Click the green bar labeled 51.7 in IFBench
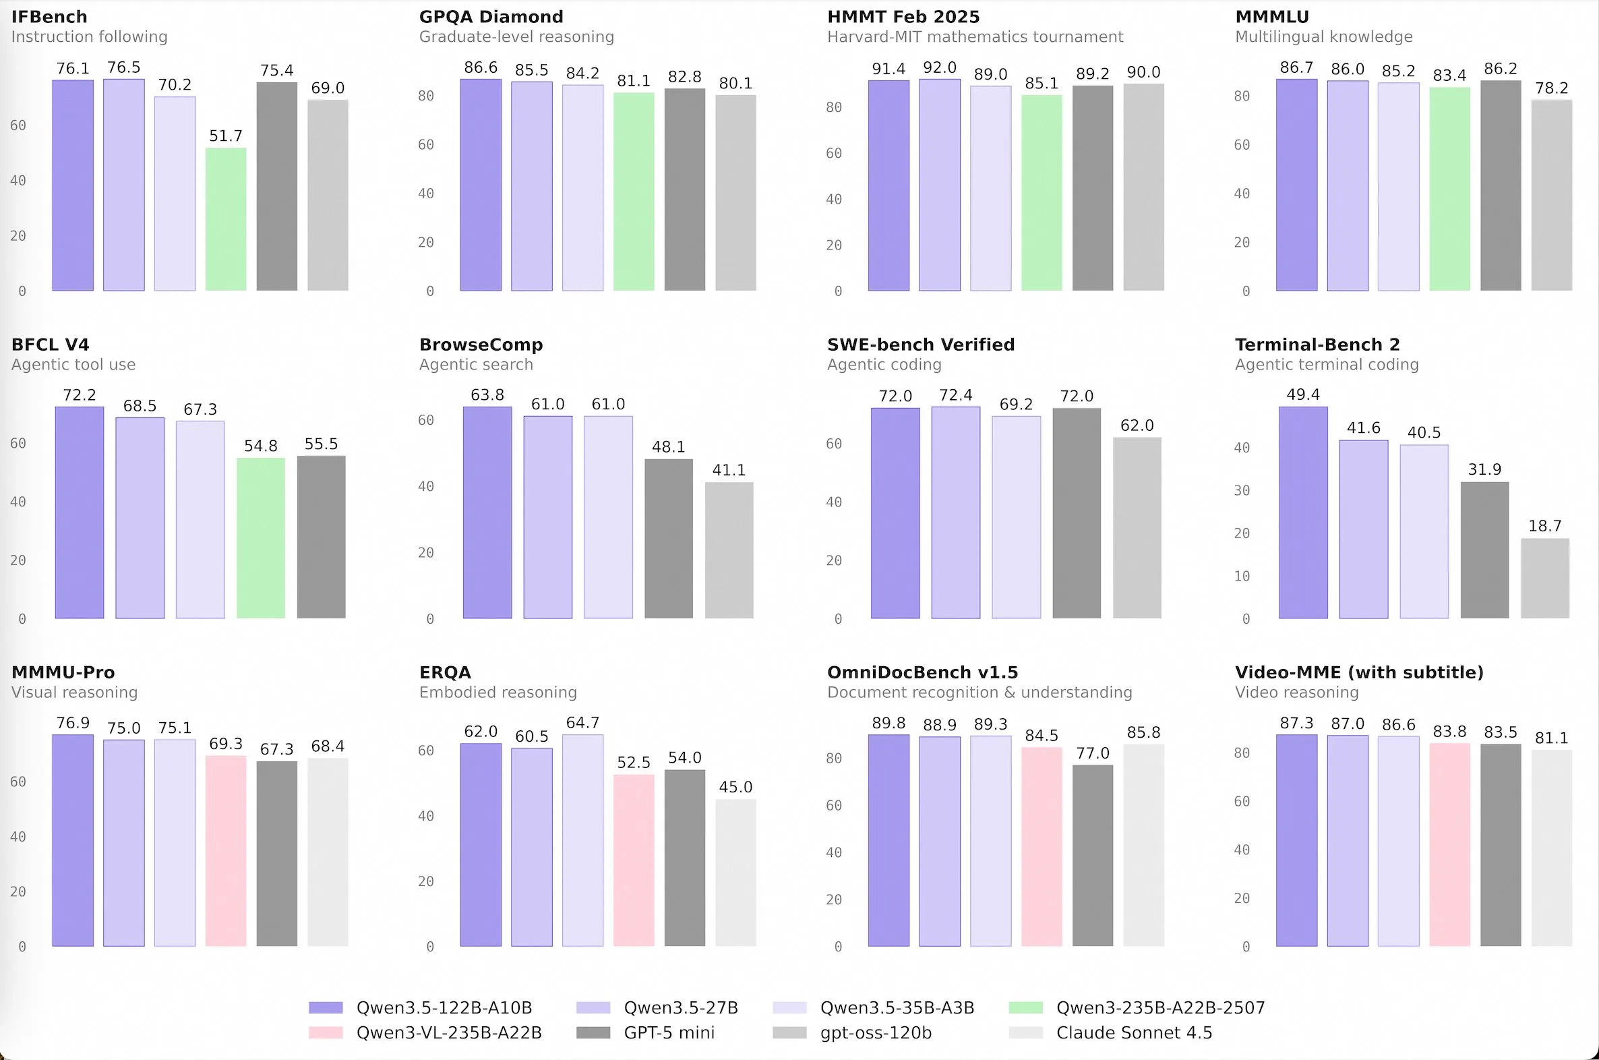tap(226, 220)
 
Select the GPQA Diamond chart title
tap(491, 17)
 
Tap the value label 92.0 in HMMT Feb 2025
tap(940, 67)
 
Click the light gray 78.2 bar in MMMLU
tap(1551, 196)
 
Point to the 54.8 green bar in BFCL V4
tap(261, 538)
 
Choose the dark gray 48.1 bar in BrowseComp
tap(669, 539)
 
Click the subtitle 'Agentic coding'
tap(884, 364)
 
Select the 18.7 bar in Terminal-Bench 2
tap(1545, 579)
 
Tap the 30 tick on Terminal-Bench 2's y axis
tap(1242, 491)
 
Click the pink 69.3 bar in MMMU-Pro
tap(226, 851)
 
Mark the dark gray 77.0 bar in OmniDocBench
tap(1093, 856)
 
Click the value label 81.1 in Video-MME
tap(1551, 738)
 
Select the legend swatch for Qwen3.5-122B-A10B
tap(326, 1008)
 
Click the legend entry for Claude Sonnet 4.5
tap(1133, 1033)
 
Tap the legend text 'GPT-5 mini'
tap(669, 1033)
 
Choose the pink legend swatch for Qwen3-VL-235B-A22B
tap(326, 1033)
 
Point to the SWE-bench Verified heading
tap(920, 345)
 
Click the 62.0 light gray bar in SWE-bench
tap(1137, 528)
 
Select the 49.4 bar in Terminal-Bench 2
tap(1303, 512)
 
